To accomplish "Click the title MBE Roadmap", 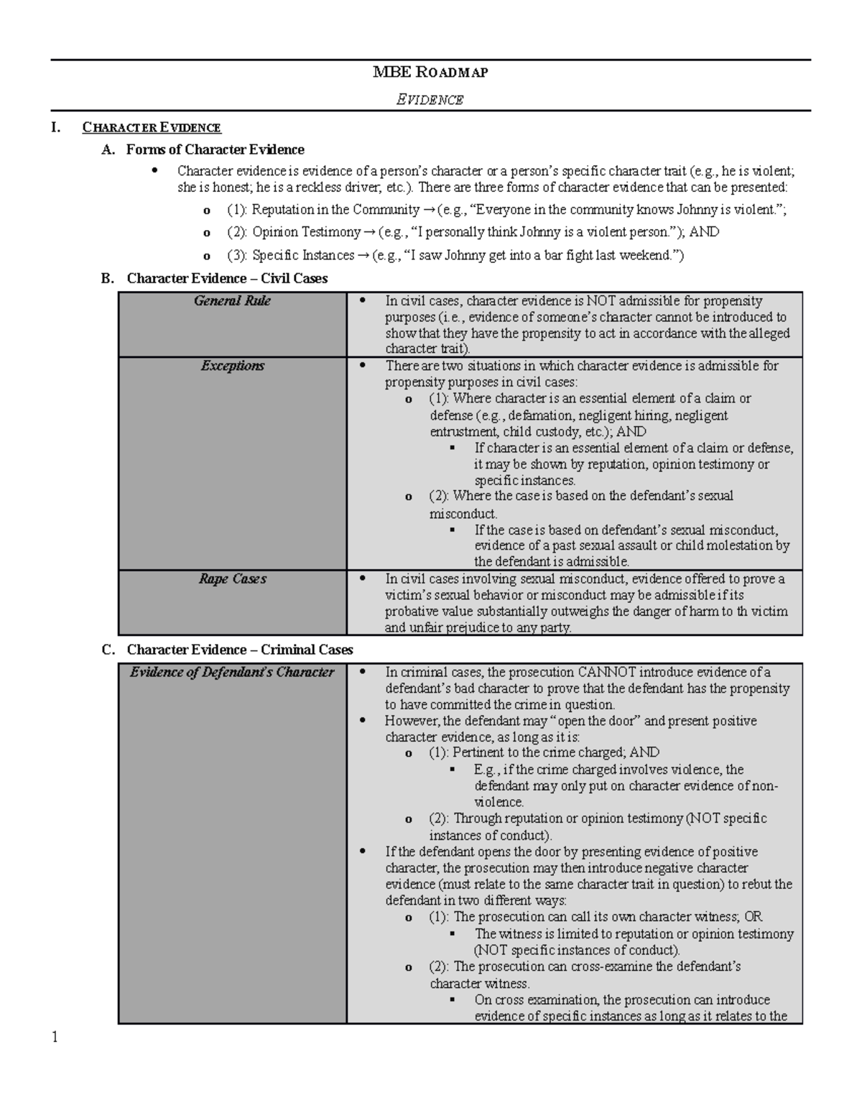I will (430, 72).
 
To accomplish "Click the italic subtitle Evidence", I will (430, 100).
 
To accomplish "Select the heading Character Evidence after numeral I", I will (152, 128).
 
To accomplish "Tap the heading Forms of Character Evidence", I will (215, 149).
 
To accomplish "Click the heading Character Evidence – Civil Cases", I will (227, 278).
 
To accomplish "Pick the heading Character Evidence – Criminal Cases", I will (239, 650).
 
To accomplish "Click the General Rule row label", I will (232, 301).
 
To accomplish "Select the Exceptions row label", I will (232, 366).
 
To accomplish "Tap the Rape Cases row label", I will (232, 579).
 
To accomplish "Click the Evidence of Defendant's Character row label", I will (232, 673).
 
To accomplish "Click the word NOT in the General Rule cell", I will (601, 301).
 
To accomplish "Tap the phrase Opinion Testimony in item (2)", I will (306, 232).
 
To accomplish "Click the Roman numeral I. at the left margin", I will (55, 128).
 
